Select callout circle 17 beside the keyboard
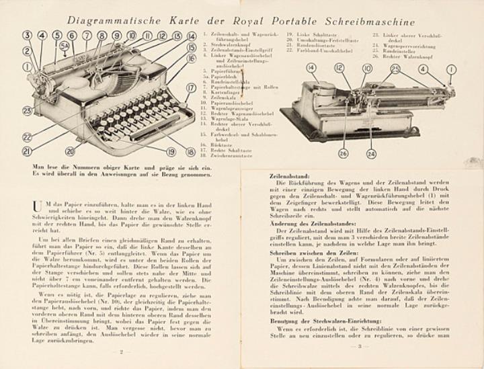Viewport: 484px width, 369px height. [x=191, y=88]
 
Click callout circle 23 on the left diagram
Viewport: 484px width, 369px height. [x=27, y=110]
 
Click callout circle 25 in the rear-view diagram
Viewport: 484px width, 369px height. [x=395, y=69]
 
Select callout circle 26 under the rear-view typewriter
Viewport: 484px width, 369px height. [x=344, y=153]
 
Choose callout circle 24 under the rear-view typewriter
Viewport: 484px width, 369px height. [x=371, y=153]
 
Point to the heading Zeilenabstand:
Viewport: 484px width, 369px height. [x=289, y=175]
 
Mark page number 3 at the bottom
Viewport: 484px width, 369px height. [x=360, y=346]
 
